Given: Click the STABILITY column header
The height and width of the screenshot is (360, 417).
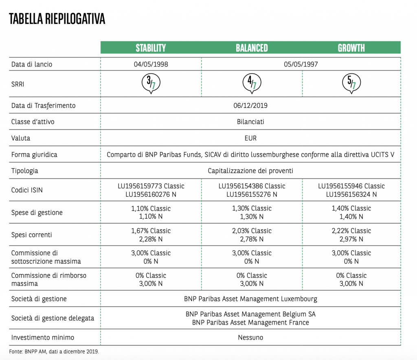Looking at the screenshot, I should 151,48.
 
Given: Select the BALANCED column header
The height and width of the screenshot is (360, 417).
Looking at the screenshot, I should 252,48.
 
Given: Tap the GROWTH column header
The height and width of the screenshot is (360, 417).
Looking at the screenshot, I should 351,48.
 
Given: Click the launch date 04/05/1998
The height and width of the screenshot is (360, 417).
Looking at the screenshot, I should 151,64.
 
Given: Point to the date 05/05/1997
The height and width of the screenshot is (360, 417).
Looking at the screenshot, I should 301,64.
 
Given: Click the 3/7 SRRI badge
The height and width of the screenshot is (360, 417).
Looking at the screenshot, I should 151,83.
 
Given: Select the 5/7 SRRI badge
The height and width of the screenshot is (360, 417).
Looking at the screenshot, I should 351,83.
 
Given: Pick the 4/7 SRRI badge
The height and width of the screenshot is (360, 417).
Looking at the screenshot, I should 252,83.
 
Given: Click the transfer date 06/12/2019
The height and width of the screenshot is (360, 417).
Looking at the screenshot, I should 251,105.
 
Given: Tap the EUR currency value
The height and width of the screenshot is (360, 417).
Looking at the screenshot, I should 250,138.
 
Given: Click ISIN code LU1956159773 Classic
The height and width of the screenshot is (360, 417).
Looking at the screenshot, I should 151,186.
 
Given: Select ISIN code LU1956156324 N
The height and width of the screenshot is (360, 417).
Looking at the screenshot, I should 351,194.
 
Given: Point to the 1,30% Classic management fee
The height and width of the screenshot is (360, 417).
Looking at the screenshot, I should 252,209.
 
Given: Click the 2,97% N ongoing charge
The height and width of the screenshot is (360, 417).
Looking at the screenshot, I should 351,239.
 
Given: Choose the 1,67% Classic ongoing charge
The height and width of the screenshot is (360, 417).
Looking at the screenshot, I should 151,231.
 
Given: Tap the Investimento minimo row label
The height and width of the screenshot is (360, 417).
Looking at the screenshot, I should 43,338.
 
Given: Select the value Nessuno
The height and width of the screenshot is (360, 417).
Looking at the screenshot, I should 250,338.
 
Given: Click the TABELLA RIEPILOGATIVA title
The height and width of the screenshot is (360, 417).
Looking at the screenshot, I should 57,19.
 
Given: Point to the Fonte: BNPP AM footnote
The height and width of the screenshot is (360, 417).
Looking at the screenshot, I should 54,351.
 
